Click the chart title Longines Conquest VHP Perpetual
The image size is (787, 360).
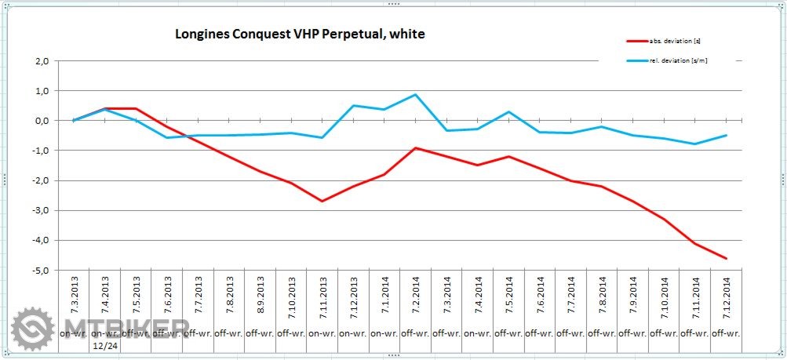coord(299,35)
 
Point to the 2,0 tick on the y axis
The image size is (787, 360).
coord(42,61)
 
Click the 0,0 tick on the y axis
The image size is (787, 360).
coord(42,121)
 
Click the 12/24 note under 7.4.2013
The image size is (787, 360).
coord(104,346)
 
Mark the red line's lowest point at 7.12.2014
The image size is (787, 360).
coord(726,258)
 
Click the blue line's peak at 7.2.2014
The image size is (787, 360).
coord(415,95)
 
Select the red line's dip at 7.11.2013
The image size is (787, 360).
coord(322,202)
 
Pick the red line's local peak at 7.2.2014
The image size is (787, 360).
coord(415,147)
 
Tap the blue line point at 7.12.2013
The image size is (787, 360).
coord(353,105)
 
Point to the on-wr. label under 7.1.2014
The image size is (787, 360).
coord(384,333)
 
